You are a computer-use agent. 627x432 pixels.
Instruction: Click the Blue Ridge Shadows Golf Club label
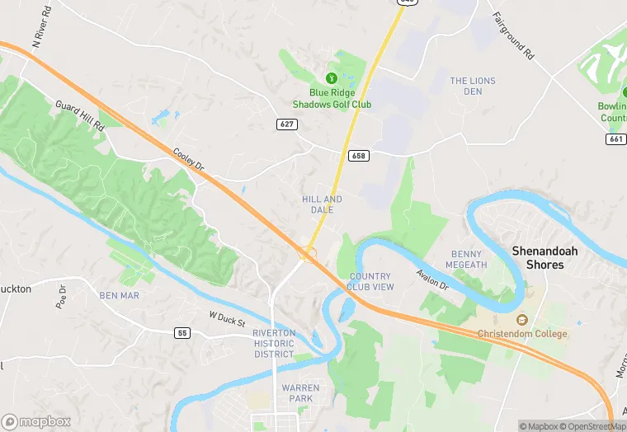click(332, 99)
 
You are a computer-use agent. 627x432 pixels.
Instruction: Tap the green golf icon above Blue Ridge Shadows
click(332, 78)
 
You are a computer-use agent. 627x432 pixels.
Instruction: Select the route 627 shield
click(286, 124)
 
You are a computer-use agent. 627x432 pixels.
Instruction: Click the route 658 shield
click(358, 155)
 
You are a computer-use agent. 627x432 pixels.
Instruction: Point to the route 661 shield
click(615, 139)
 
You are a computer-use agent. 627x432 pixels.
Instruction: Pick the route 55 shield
click(182, 332)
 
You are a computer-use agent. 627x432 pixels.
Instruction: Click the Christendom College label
click(522, 334)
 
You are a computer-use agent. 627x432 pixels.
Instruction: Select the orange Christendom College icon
click(521, 320)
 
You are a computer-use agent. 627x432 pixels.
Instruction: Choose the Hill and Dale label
click(322, 204)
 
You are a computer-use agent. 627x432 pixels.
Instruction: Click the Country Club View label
click(371, 281)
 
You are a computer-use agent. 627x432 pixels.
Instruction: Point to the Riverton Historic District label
click(274, 344)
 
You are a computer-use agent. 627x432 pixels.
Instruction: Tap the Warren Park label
click(297, 392)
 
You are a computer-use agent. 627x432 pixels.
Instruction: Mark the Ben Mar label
click(119, 295)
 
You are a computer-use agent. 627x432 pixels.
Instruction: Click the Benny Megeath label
click(466, 259)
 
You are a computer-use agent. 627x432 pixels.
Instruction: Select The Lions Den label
click(472, 86)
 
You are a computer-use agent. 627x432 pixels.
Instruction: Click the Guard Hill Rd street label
click(80, 115)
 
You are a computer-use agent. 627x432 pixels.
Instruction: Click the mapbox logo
click(35, 421)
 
